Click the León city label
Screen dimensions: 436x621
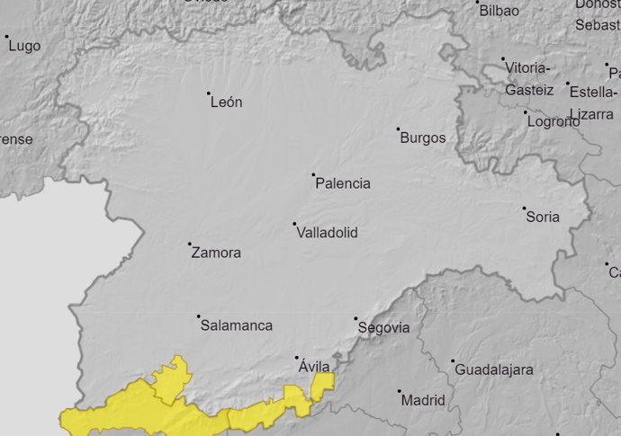point(226,102)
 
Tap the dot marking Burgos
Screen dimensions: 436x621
point(399,129)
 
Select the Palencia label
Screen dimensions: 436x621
point(343,183)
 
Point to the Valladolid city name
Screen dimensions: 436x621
point(327,233)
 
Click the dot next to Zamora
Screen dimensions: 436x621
point(190,244)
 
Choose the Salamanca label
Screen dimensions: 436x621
point(237,325)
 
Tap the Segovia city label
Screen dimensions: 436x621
point(383,328)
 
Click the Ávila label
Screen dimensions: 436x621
point(313,367)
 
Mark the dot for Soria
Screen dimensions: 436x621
point(525,208)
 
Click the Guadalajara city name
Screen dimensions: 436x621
point(494,369)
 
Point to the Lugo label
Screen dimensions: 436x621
point(24,46)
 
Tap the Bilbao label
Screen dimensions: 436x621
point(499,11)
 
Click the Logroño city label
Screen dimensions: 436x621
point(553,121)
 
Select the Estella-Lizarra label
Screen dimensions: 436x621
point(592,102)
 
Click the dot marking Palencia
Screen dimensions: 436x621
point(313,174)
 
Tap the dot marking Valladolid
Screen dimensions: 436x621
point(294,224)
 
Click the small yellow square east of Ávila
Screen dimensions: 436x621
point(323,381)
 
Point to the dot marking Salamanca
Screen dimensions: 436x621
point(199,316)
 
